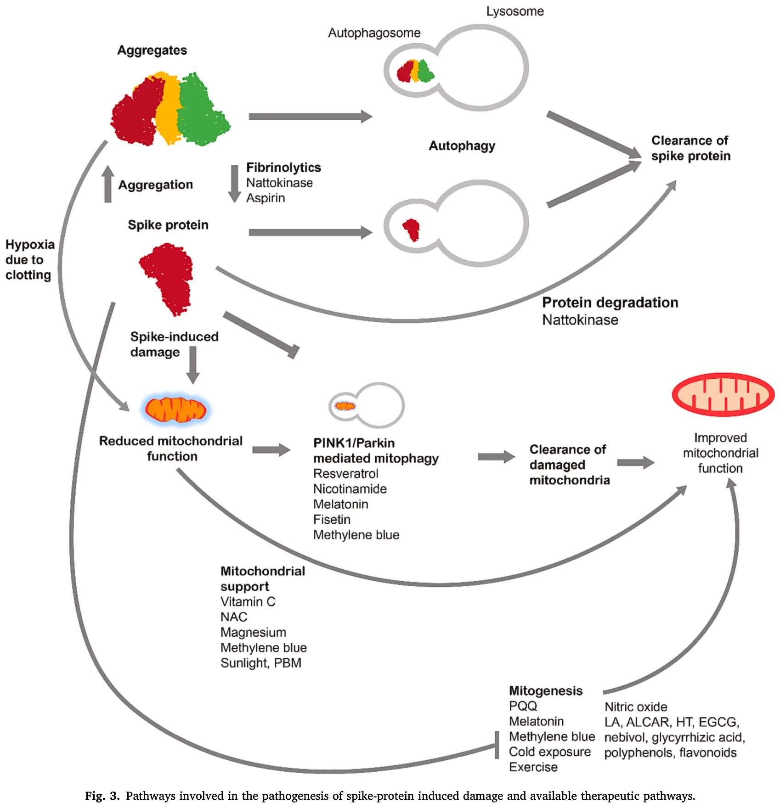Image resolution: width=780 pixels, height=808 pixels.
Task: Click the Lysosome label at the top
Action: coord(514,11)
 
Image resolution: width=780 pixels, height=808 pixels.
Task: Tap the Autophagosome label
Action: coord(374,33)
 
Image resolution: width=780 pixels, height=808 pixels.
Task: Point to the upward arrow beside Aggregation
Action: coord(108,184)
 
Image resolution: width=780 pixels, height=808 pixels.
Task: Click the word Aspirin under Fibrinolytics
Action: coord(266,198)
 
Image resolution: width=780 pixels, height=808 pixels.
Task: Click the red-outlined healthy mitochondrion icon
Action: coord(723,394)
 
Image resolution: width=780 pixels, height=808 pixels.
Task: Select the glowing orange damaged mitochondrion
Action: coord(175,409)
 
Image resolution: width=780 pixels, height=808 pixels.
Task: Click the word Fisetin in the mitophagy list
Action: coord(332,519)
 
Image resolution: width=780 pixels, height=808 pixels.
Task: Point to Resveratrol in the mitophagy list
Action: coord(345,473)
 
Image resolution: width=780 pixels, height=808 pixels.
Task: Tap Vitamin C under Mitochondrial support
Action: coord(248,601)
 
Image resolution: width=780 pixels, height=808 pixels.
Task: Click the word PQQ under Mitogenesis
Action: coord(523,706)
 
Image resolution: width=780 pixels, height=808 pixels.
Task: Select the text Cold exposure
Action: coord(549,752)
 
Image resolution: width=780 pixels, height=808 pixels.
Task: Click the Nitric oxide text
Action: coord(635,707)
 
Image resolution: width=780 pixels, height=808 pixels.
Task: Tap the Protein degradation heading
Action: coord(610,303)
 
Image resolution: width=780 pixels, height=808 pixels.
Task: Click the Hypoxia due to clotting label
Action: coord(28,259)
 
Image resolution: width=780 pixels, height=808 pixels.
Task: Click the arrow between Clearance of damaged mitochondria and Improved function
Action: coord(635,463)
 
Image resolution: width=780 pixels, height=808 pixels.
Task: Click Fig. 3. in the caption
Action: coord(102,796)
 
